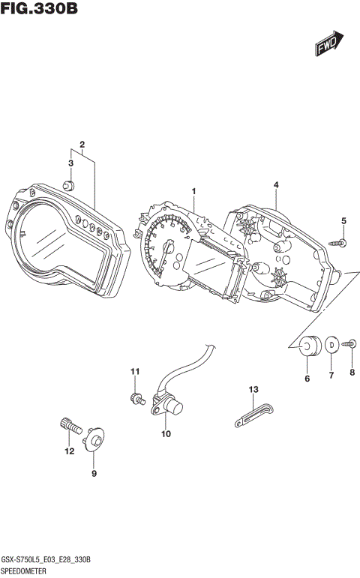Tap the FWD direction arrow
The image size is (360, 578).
pyautogui.click(x=328, y=44)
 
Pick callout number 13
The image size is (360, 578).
pyautogui.click(x=253, y=389)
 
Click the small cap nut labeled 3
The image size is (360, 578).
pyautogui.click(x=68, y=186)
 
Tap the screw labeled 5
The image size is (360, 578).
pyautogui.click(x=338, y=242)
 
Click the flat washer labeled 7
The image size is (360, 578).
pyautogui.click(x=331, y=345)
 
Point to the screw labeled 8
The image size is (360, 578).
pyautogui.click(x=349, y=343)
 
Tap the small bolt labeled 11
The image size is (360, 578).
pyautogui.click(x=136, y=397)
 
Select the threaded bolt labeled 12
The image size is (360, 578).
pyautogui.click(x=70, y=425)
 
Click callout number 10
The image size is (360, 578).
pyautogui.click(x=166, y=434)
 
